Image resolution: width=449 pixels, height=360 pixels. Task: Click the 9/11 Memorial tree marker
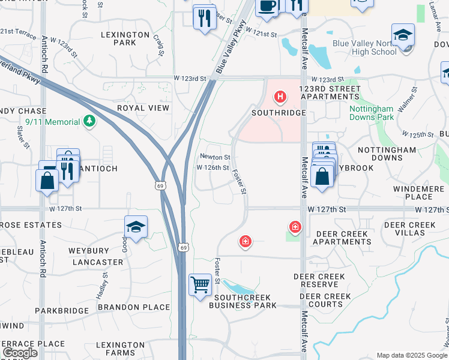point(89,122)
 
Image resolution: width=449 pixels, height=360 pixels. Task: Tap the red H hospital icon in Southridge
point(279,96)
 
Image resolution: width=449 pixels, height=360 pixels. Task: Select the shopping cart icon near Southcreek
point(200,284)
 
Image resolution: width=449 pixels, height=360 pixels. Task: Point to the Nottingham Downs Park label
point(372,113)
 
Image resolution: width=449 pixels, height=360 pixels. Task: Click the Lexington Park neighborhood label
point(125,38)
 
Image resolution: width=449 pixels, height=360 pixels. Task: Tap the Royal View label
point(143,107)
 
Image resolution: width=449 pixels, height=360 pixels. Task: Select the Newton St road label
point(214,157)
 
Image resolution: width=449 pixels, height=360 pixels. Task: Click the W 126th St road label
point(212,167)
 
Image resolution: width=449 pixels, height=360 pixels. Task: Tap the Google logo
point(20,353)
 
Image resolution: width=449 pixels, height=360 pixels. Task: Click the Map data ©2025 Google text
point(411,355)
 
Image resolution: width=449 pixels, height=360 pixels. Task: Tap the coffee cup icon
point(267,6)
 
